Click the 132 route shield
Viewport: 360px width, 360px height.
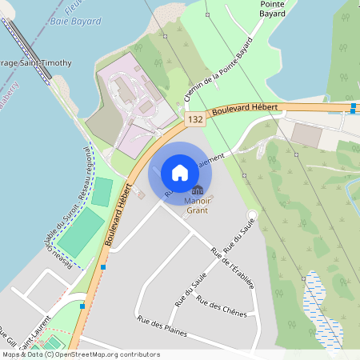[194, 118]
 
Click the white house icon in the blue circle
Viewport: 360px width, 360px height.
[180, 173]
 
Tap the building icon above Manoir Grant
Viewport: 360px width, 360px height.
[197, 190]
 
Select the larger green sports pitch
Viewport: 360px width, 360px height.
[81, 233]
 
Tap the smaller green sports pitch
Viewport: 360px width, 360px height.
[102, 191]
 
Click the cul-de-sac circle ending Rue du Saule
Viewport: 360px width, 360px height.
[252, 214]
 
